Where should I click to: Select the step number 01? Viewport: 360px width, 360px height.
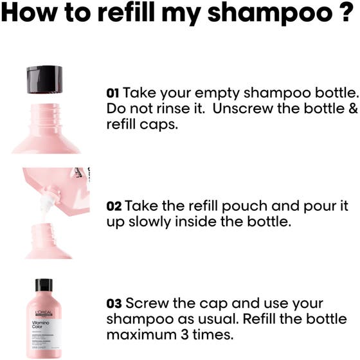pos(113,93)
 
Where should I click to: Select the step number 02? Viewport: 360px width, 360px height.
pos(114,206)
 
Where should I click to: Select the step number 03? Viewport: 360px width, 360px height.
pos(114,303)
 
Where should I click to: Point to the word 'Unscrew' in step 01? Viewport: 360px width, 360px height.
pos(237,108)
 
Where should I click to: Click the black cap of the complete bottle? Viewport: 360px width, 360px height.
pos(44,285)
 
